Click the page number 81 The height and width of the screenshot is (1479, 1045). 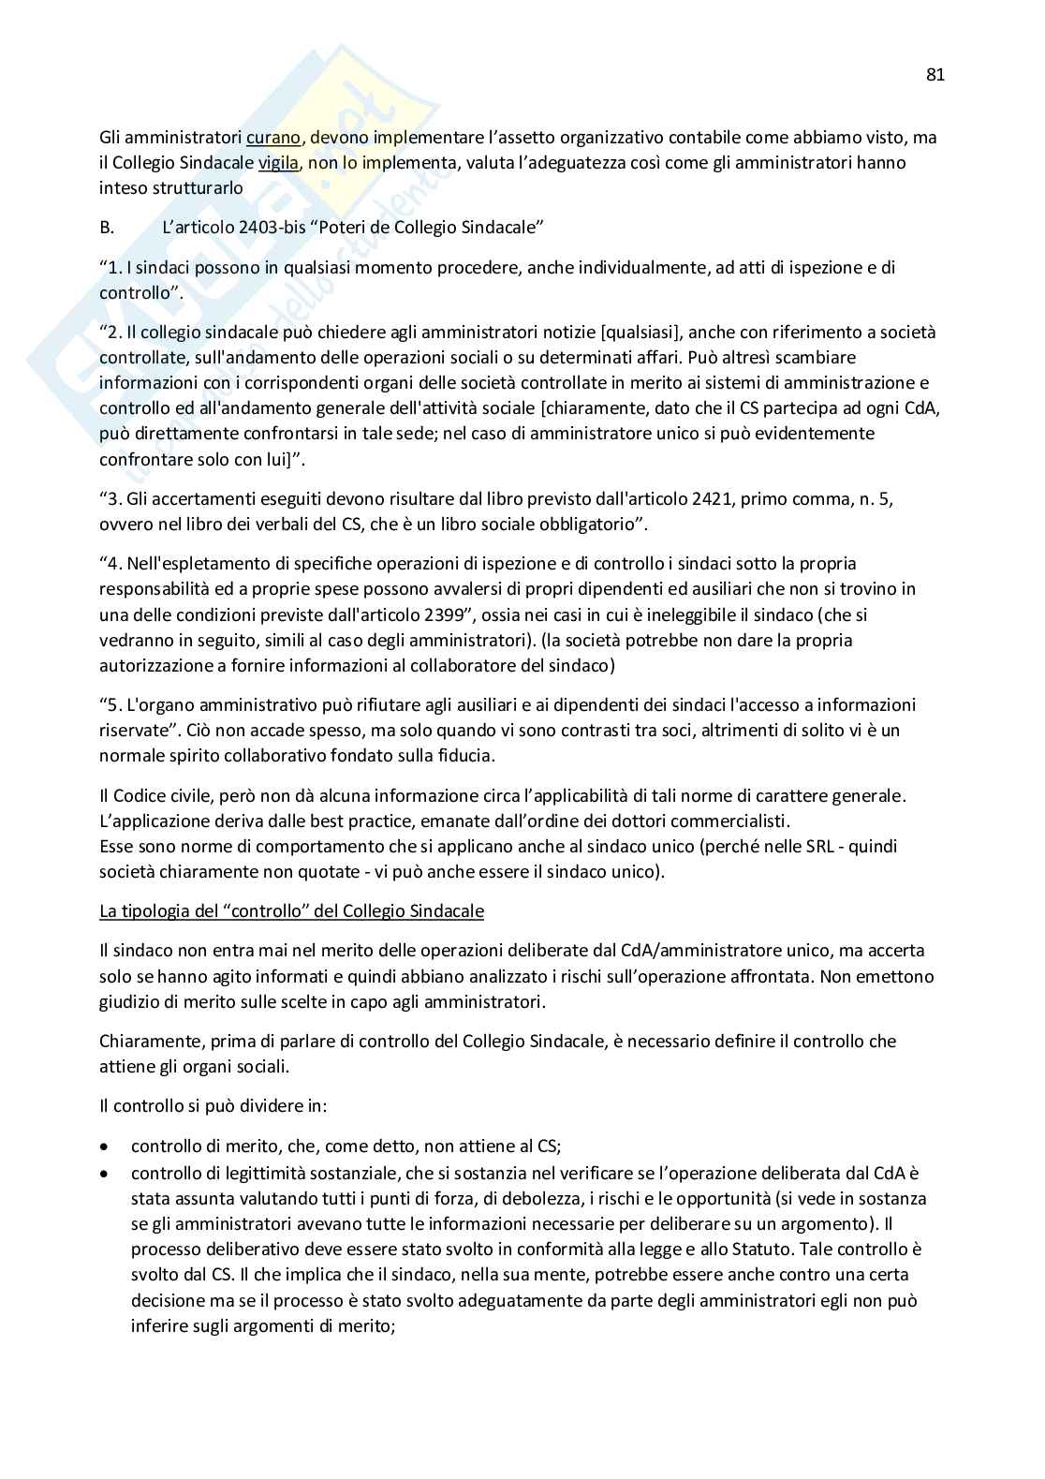click(935, 75)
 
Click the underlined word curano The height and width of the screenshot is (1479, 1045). click(273, 138)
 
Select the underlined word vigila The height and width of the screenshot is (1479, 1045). click(278, 163)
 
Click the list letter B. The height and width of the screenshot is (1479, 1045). click(106, 228)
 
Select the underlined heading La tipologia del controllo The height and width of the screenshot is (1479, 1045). click(291, 911)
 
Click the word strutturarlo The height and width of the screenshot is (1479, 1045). click(171, 188)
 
